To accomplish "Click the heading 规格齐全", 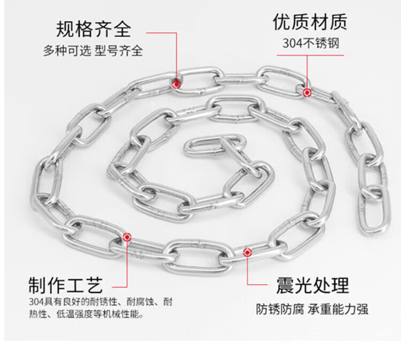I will (93, 28).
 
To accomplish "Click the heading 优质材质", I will (310, 22).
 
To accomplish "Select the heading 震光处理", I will (313, 284).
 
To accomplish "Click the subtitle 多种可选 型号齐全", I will (93, 52).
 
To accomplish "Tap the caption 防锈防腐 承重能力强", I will (312, 309).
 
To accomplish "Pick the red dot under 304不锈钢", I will (307, 93).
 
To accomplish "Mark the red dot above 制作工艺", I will (127, 238).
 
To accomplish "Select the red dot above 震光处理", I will (246, 251).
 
